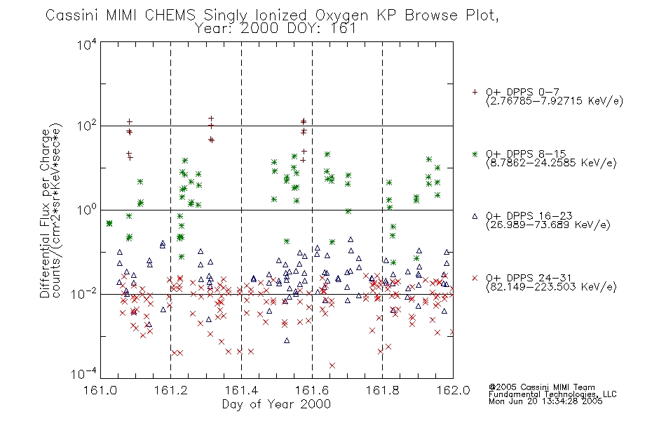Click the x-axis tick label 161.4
pos(242,390)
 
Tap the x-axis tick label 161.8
pos(382,390)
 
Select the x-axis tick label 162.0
pos(453,390)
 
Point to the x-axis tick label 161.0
pos(100,390)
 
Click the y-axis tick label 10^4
pos(87,45)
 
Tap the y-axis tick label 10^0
pos(87,210)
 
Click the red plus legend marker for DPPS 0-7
pos(475,92)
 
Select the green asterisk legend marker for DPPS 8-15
pos(475,154)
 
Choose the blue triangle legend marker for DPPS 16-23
pos(475,216)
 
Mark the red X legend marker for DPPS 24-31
pos(475,278)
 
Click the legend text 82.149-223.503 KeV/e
pos(551,287)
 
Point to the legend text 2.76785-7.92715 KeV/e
pos(555,101)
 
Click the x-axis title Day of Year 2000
pos(276,404)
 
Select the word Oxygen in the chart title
pos(341,15)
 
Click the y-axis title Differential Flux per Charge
pos(46,213)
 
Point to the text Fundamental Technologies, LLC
pos(552,394)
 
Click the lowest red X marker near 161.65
pos(332,366)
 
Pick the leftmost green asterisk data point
pos(109,223)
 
